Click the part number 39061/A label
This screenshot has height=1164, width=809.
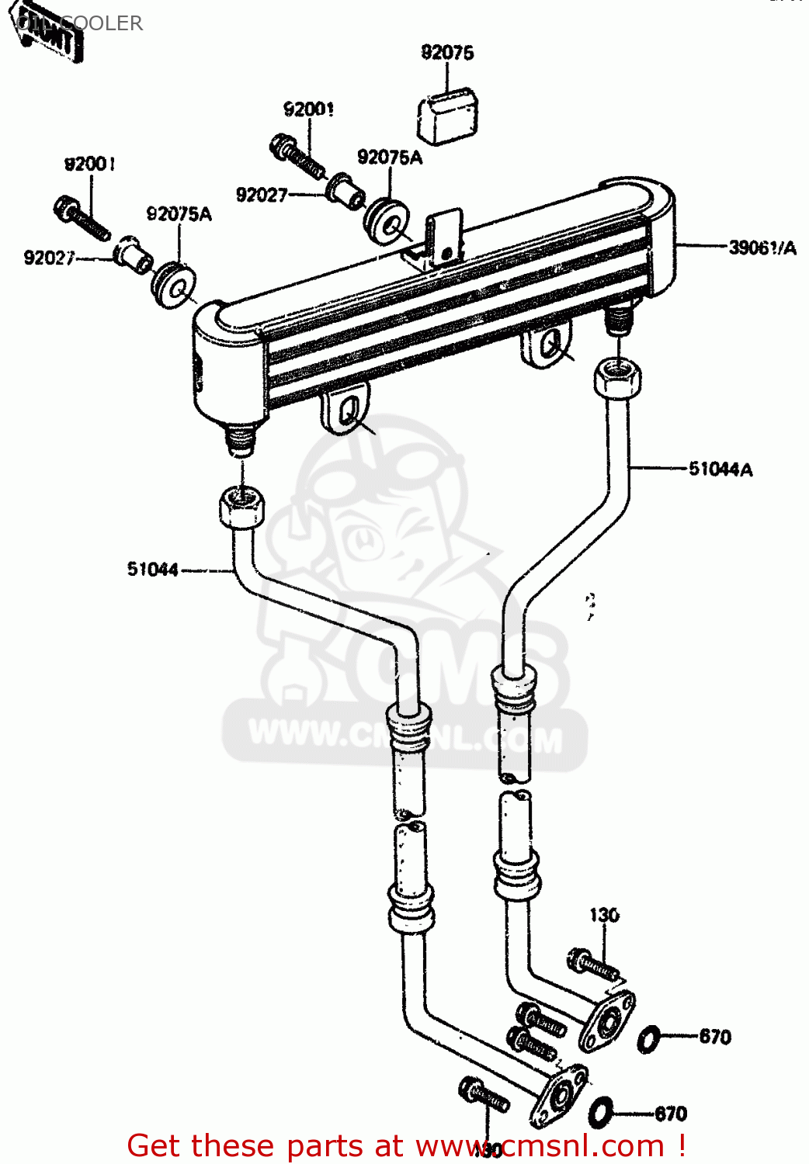762,248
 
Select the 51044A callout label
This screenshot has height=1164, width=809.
720,469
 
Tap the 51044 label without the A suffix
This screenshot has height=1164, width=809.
153,570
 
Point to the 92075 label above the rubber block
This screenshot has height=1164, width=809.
447,52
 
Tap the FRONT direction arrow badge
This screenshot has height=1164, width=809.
50,33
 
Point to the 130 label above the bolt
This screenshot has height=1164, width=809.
604,915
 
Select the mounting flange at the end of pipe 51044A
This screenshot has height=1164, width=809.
607,1020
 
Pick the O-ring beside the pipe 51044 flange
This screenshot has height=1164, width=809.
601,1112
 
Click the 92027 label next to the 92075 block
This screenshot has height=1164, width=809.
262,195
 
